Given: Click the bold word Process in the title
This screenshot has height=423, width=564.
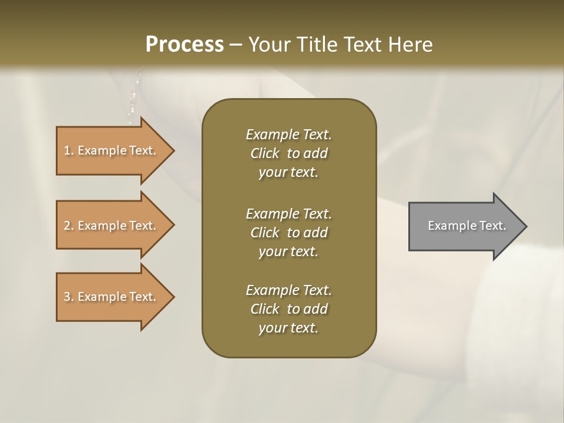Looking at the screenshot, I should pyautogui.click(x=184, y=45).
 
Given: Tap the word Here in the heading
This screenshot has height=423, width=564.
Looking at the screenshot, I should pyautogui.click(x=411, y=45).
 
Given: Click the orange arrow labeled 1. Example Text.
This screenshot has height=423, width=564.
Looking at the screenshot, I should pyautogui.click(x=112, y=150).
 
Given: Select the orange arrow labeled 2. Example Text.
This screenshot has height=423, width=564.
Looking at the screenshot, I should pyautogui.click(x=112, y=226).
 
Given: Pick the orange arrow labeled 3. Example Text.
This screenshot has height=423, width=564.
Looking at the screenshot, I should pyautogui.click(x=112, y=297).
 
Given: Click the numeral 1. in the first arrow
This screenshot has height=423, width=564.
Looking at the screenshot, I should pyautogui.click(x=69, y=150).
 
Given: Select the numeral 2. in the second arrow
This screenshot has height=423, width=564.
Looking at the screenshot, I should pyautogui.click(x=69, y=226).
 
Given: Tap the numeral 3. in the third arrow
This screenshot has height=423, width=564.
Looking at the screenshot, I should pyautogui.click(x=69, y=297).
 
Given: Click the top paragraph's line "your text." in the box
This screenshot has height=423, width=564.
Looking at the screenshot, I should pyautogui.click(x=288, y=173).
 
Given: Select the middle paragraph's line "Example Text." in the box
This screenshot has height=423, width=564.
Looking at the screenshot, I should pyautogui.click(x=288, y=213).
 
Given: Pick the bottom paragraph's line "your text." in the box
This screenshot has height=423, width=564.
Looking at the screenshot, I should pyautogui.click(x=288, y=328).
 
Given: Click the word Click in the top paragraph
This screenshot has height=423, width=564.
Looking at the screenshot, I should pyautogui.click(x=265, y=153).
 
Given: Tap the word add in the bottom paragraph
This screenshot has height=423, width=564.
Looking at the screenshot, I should pyautogui.click(x=316, y=309).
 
